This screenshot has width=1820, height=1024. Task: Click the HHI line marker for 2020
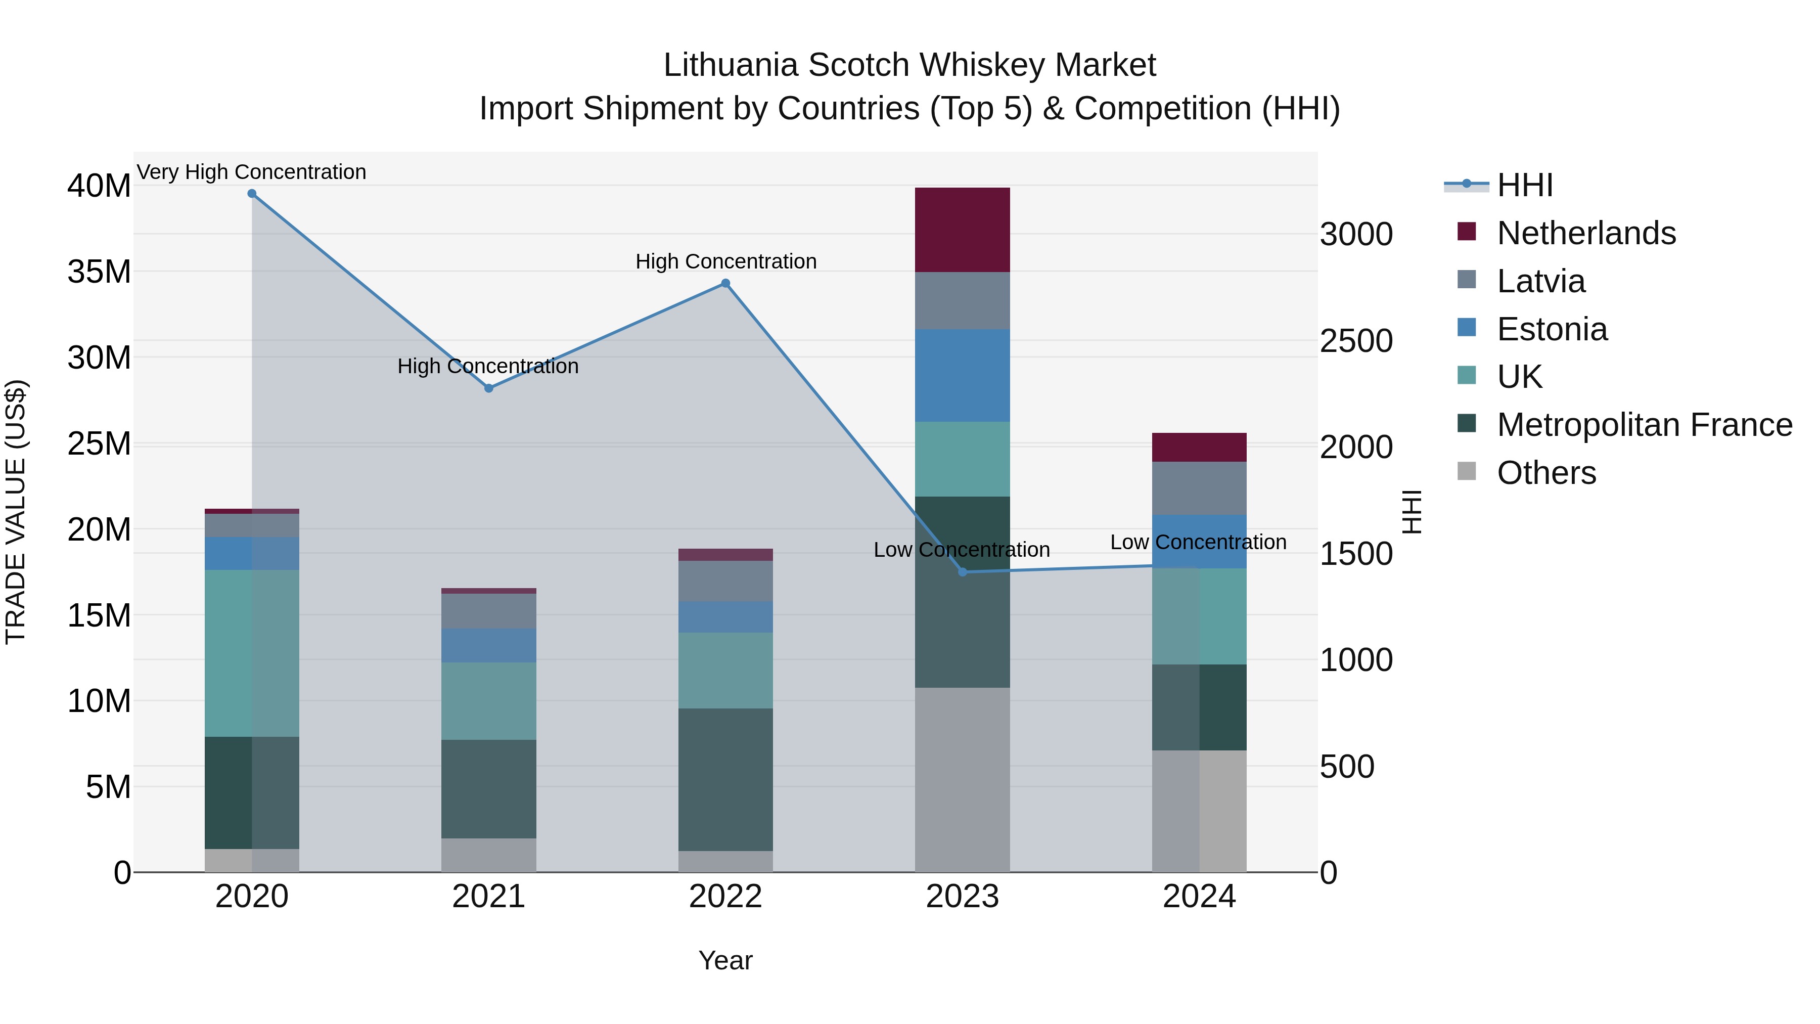[x=252, y=194]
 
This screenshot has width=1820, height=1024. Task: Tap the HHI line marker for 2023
[x=962, y=572]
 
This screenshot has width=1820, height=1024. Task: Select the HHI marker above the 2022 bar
[x=725, y=283]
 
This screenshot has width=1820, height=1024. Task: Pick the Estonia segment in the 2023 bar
[x=962, y=375]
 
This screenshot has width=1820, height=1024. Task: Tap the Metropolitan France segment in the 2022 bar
[x=725, y=779]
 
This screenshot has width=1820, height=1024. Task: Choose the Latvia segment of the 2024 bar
[x=1199, y=488]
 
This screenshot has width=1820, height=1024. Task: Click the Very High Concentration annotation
[x=252, y=172]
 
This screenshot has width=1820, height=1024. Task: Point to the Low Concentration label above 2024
[x=1198, y=542]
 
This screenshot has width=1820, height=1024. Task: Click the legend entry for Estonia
[x=1552, y=329]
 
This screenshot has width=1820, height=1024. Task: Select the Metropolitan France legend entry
[x=1644, y=425]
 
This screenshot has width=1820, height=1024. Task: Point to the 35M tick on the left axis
[x=99, y=272]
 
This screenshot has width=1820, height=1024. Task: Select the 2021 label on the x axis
[x=488, y=897]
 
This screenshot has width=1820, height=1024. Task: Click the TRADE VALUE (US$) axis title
[x=16, y=512]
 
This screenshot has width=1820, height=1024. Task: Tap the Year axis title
[x=725, y=960]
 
